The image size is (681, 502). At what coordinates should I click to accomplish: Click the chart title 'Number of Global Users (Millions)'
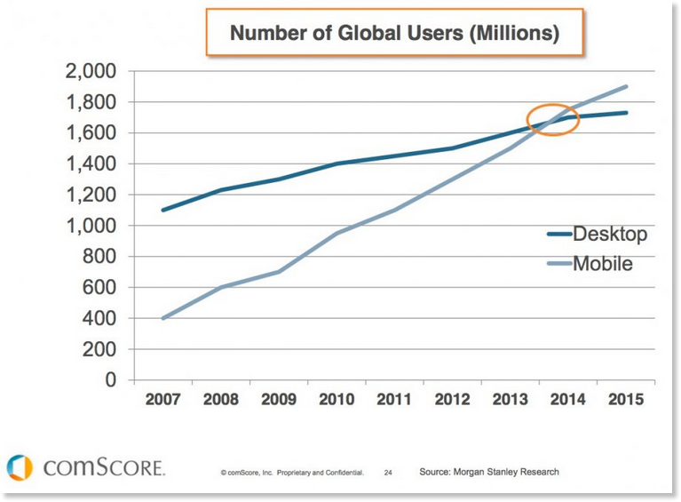(x=394, y=35)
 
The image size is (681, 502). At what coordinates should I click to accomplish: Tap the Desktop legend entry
(x=609, y=235)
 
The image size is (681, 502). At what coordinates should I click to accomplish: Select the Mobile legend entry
(x=602, y=263)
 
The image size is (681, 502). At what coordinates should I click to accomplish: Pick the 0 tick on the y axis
(x=110, y=380)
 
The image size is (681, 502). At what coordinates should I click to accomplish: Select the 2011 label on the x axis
(x=393, y=400)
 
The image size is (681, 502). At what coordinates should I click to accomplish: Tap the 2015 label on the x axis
(x=626, y=400)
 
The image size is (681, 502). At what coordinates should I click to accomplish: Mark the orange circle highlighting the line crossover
(x=552, y=120)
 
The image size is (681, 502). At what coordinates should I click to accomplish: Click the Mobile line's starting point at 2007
(x=162, y=318)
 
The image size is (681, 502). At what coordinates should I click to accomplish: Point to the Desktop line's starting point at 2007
(x=162, y=211)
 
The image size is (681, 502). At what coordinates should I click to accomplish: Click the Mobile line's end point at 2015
(x=627, y=87)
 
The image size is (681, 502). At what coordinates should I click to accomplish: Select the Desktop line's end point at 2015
(x=627, y=113)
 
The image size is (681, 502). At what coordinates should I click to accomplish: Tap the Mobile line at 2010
(x=336, y=234)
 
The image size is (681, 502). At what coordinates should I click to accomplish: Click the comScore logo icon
(x=19, y=467)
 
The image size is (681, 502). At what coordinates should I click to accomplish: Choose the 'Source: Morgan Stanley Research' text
(x=489, y=472)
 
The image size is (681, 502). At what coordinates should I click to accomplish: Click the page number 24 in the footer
(x=388, y=473)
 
